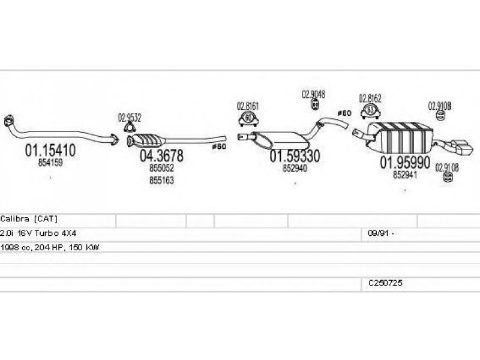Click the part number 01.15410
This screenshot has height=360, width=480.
(50, 151)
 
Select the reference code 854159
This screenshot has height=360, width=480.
(50, 162)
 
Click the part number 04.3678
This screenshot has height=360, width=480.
(161, 156)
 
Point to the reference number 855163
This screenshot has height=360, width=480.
(161, 180)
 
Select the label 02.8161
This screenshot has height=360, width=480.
(248, 106)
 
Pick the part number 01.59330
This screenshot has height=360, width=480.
(295, 156)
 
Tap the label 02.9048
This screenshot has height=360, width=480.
(313, 94)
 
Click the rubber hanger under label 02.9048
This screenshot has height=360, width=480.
(314, 106)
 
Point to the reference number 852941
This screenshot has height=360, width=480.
(405, 175)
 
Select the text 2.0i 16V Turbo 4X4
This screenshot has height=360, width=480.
(38, 233)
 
